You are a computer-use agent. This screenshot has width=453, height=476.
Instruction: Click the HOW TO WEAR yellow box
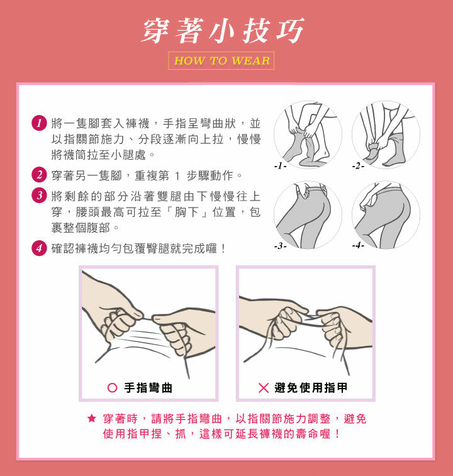click(x=221, y=61)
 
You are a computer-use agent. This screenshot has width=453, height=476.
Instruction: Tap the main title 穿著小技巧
click(x=223, y=31)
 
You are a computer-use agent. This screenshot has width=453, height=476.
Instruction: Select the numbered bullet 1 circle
click(x=39, y=123)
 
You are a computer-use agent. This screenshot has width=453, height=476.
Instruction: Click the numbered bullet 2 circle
click(x=39, y=175)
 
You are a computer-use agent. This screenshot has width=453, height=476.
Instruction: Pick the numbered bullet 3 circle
click(x=39, y=195)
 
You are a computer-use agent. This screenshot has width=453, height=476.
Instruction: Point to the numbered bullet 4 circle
click(x=39, y=248)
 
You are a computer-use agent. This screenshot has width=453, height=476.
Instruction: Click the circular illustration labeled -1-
click(x=308, y=135)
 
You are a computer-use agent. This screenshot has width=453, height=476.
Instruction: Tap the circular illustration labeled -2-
click(x=386, y=135)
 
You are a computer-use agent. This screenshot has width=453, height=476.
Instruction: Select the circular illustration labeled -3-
click(x=308, y=215)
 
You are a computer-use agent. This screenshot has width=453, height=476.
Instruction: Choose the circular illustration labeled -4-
click(x=386, y=215)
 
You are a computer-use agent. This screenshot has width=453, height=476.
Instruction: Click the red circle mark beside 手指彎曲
click(x=113, y=388)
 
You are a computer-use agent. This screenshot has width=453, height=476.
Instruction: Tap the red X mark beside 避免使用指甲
click(x=264, y=388)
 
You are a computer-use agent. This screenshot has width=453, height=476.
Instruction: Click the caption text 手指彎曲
click(x=148, y=388)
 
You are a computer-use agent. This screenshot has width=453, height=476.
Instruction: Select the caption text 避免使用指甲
click(x=311, y=388)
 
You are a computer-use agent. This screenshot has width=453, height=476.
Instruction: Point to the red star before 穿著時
click(x=91, y=418)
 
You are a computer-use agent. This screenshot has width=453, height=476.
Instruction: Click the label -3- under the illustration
click(x=280, y=246)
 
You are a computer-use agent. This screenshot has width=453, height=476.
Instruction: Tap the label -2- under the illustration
click(x=358, y=166)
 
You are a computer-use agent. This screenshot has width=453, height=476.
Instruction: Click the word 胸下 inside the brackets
click(x=186, y=212)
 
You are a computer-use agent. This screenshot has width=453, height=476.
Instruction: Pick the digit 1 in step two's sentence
click(x=177, y=175)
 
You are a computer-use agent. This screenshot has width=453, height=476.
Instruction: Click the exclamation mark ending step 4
click(x=223, y=248)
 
